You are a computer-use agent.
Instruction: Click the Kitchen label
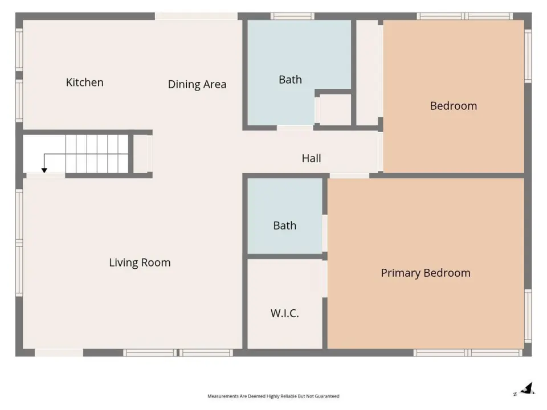coord(84,82)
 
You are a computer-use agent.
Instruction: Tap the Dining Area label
coord(197,84)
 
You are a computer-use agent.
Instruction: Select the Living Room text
coord(140,262)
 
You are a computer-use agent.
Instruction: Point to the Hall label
coord(311,158)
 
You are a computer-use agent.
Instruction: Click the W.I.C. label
coord(285,313)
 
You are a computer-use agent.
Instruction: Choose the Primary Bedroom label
coord(426,273)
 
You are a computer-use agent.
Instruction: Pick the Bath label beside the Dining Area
coord(290,80)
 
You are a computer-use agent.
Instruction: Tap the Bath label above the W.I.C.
coord(285,225)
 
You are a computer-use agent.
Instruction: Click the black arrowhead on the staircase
coord(44,170)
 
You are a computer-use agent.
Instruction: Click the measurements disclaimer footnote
coord(273,396)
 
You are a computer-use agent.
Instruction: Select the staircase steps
coord(97,154)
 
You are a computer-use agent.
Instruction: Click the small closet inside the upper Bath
coord(335,109)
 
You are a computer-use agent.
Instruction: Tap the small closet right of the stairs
coord(142,154)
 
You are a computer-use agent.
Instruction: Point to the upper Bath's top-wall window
coord(292,16)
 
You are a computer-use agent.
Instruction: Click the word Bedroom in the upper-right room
coord(454,106)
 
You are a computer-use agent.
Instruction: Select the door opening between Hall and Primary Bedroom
coord(349,175)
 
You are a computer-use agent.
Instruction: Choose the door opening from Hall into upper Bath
coord(295,128)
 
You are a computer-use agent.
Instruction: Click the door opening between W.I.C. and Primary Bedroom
coord(325,279)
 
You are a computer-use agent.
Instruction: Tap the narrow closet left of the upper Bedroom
coord(367,72)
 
